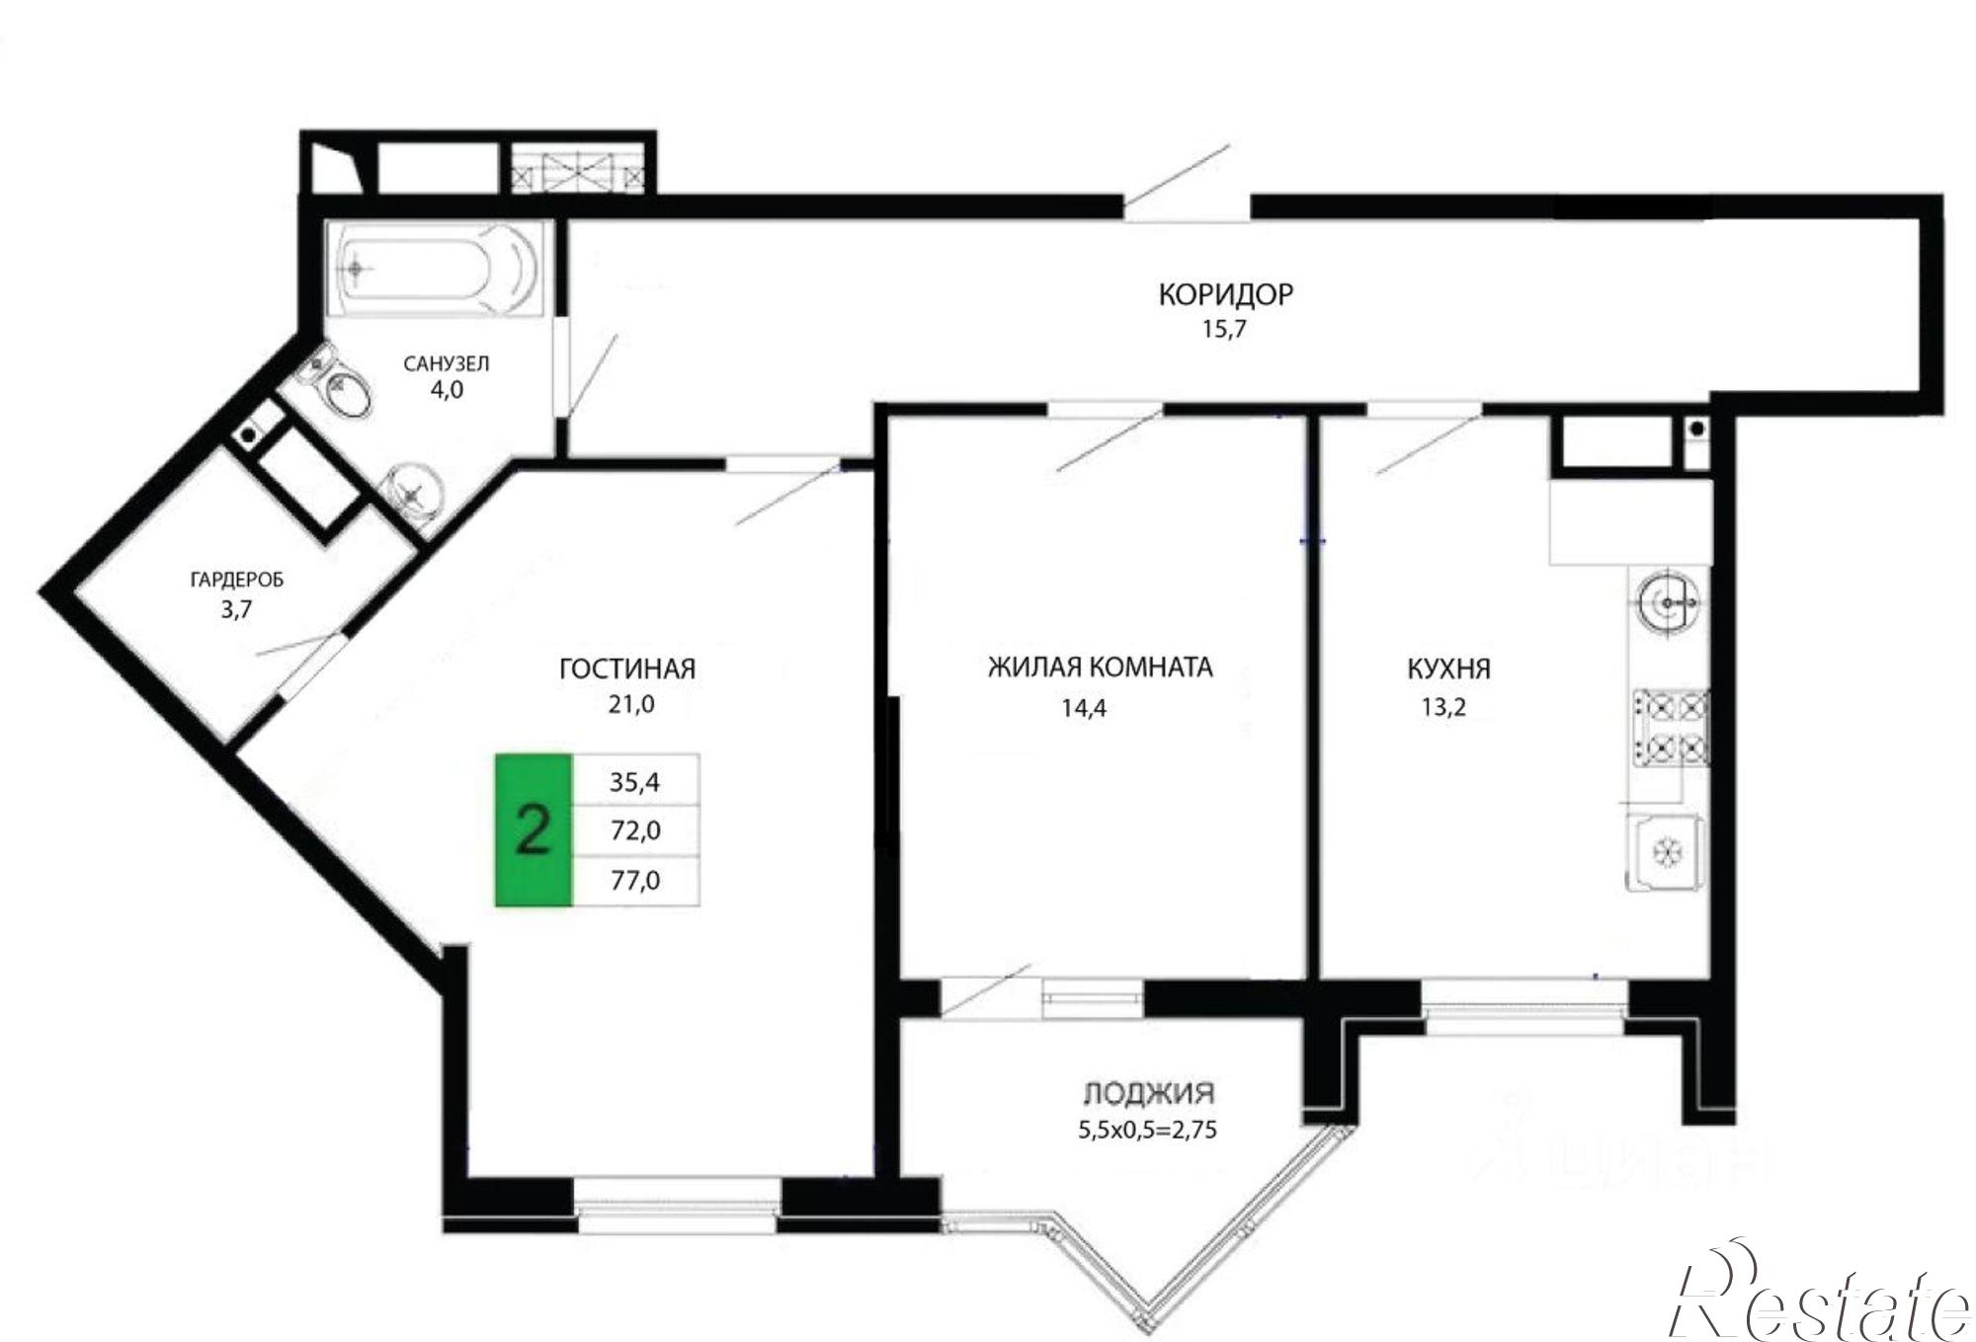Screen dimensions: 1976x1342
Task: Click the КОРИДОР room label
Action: pos(1225,293)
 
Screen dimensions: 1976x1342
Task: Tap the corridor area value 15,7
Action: pos(1224,330)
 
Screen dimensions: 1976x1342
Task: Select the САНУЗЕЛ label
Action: pos(446,363)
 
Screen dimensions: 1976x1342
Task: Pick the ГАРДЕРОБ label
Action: pos(236,580)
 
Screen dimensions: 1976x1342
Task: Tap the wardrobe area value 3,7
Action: pos(236,609)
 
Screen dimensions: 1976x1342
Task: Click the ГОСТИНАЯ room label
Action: pos(627,669)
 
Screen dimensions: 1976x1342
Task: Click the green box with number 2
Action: pos(534,829)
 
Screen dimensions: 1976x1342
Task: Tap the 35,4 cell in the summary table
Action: pos(636,781)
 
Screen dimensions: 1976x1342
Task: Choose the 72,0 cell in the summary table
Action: pos(636,830)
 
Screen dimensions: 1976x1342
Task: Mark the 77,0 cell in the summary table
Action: pos(636,880)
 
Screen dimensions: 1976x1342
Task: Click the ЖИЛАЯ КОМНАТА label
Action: pos(1101,668)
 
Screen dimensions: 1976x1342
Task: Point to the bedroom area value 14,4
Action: pos(1084,707)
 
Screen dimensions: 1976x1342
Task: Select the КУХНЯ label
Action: pos(1448,670)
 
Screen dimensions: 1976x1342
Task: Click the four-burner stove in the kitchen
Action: pos(1671,729)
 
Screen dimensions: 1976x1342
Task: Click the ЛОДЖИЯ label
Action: pos(1148,1093)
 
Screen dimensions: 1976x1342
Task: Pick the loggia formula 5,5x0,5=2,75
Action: pos(1147,1128)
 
